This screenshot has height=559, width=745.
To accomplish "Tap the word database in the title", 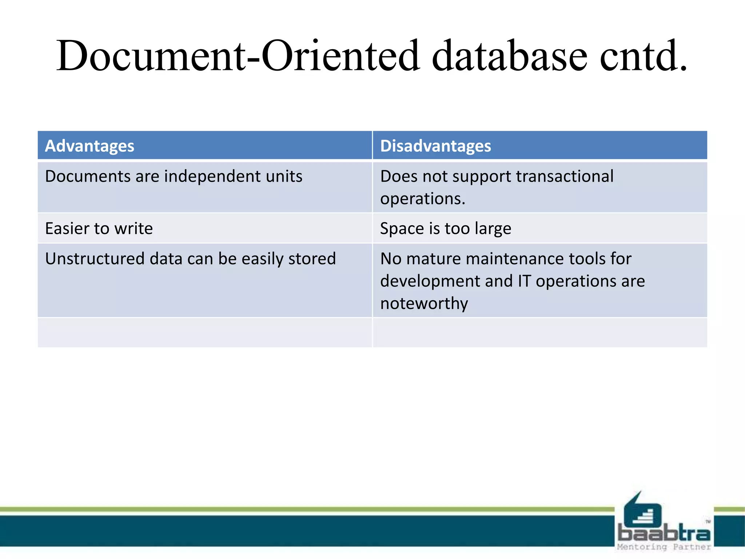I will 509,56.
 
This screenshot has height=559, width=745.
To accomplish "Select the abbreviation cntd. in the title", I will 644,56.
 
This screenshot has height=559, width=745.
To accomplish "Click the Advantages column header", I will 89,146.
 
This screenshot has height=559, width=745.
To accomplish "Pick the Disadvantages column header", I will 435,146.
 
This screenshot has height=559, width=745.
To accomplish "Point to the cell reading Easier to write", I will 99,229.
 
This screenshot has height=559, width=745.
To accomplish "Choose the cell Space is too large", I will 446,229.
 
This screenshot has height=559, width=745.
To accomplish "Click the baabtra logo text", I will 664,534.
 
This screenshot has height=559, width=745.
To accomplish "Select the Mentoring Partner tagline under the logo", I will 664,547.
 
